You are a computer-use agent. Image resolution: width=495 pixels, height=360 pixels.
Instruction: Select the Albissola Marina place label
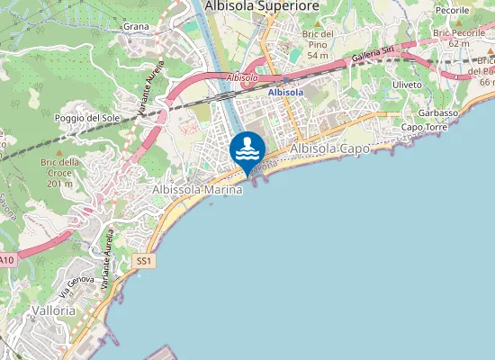pos(198,190)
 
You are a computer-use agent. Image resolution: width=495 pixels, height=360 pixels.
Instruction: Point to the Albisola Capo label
pos(330,148)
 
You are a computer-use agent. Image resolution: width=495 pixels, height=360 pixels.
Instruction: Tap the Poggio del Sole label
pos(86,118)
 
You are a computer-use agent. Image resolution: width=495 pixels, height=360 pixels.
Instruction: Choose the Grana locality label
pos(136,27)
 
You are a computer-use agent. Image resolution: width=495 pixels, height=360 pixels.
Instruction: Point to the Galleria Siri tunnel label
pos(374,56)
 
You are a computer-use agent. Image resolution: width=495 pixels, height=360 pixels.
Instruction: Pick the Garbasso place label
pos(439,112)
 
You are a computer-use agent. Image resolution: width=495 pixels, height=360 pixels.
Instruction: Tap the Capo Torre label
pos(424,127)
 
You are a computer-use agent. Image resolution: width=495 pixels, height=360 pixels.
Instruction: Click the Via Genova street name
pos(77,283)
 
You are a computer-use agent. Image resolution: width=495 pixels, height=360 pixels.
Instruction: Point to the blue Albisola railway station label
pos(285,92)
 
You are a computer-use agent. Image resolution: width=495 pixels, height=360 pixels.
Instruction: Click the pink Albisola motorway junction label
pos(243,77)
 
